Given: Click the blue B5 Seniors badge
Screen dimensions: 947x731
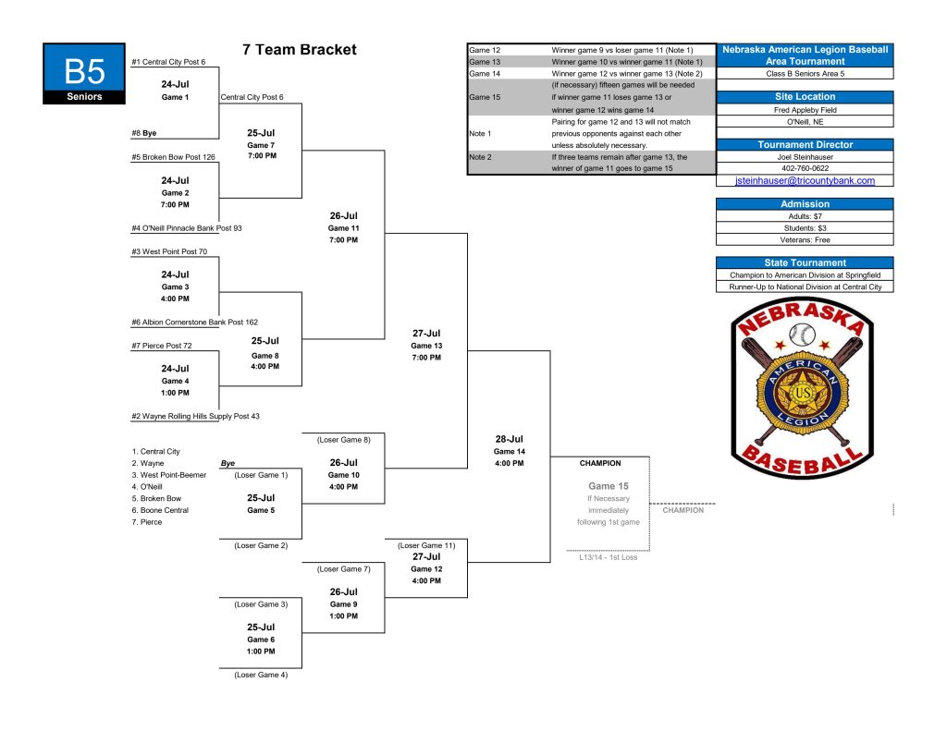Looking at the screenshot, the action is (x=84, y=74).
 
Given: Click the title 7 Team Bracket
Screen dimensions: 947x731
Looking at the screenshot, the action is (x=300, y=50).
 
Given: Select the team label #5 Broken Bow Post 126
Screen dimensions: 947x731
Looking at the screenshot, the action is (x=173, y=157).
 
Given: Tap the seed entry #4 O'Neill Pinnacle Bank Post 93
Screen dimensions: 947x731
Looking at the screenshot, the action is (x=187, y=228).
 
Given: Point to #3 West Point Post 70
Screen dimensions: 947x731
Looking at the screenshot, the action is (x=169, y=251).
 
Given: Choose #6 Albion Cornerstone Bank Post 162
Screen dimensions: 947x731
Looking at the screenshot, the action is (x=194, y=323).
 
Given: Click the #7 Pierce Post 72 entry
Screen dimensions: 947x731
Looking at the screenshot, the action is (x=161, y=346).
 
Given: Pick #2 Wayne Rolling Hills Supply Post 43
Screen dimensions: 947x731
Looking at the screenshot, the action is (x=195, y=417).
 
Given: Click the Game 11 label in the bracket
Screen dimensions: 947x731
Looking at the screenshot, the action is (x=344, y=228).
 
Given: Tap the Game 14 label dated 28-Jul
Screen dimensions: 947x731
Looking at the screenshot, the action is (x=510, y=452).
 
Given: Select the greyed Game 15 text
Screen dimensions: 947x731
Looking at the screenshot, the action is (x=609, y=486).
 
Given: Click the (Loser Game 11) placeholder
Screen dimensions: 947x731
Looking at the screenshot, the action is (x=426, y=545).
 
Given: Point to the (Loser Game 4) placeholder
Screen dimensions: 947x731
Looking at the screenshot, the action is (x=261, y=675).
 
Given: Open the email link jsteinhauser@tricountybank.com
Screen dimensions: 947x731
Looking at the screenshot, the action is (x=805, y=180).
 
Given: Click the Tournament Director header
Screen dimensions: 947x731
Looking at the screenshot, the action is (x=806, y=145).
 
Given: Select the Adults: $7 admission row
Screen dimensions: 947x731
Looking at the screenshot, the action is (x=806, y=216).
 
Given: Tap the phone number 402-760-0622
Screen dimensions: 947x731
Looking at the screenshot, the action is (x=806, y=168).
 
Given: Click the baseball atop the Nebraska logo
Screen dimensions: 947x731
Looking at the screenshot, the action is (x=802, y=335).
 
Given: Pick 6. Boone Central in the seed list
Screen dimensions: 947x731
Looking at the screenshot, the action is (x=160, y=510).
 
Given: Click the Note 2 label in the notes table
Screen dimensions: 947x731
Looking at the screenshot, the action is (x=480, y=157).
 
